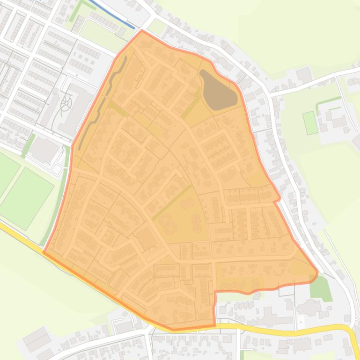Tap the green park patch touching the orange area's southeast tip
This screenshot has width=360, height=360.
click(x=320, y=288)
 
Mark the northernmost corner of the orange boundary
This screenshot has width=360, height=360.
click(x=142, y=31)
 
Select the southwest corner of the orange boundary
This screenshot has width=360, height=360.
click(x=44, y=252)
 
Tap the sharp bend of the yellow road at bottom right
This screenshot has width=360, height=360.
click(x=350, y=330)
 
